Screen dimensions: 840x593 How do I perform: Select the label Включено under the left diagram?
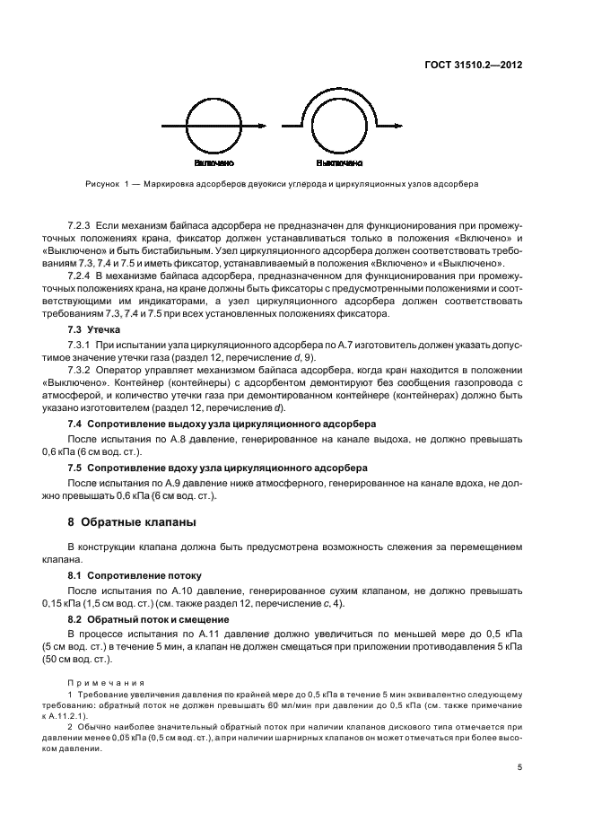[213, 164]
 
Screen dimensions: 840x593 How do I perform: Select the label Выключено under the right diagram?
[339, 164]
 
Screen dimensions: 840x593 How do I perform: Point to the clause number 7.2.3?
[80, 222]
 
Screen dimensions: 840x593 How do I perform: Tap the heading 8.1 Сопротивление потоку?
[135, 573]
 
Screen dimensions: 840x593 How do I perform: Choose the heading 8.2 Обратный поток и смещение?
[152, 618]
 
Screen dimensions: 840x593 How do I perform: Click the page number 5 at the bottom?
[519, 767]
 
